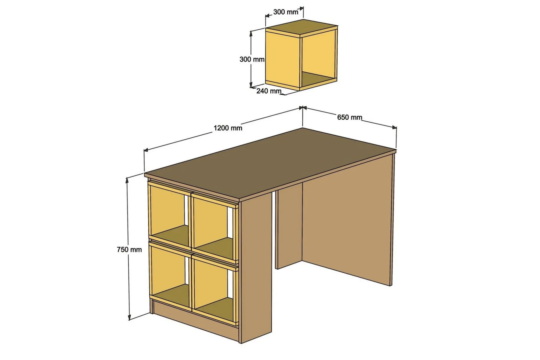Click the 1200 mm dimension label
click(x=228, y=128)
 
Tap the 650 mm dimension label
click(x=350, y=117)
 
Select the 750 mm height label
click(x=129, y=249)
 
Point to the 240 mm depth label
click(x=269, y=91)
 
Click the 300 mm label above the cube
click(x=286, y=12)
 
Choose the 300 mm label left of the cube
click(x=252, y=59)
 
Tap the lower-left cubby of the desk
click(x=170, y=276)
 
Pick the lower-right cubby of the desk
click(x=214, y=289)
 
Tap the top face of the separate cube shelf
click(x=301, y=28)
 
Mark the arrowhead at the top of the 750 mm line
click(x=127, y=180)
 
